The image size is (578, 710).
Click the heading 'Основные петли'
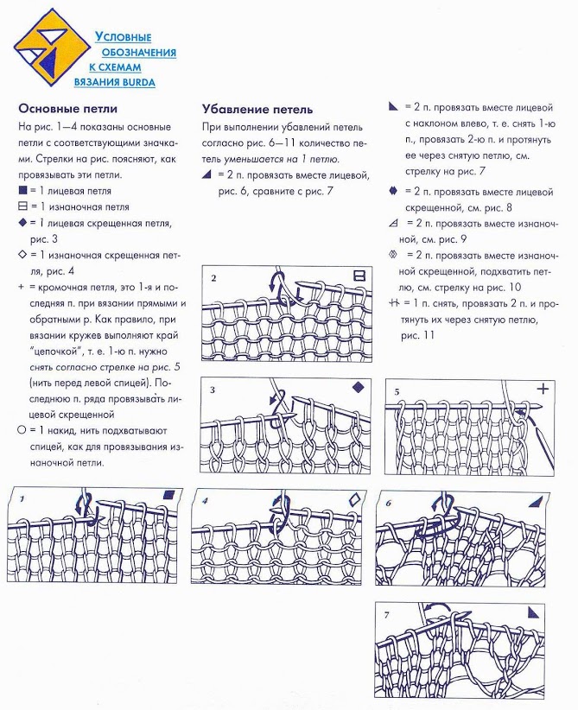click(68, 109)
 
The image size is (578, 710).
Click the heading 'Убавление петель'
click(257, 110)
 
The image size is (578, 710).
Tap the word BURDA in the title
click(138, 83)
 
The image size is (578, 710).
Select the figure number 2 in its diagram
click(213, 278)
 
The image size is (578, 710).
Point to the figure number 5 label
click(397, 391)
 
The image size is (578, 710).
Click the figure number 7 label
click(386, 615)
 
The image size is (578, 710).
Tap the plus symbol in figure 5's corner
click(543, 389)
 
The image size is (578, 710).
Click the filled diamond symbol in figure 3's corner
click(359, 387)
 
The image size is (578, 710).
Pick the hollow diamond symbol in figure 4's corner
click(356, 499)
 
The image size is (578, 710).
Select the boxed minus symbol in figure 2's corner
click(359, 276)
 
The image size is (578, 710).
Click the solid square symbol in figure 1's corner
click(169, 494)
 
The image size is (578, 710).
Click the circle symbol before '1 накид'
click(22, 429)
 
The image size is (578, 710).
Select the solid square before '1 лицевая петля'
click(22, 191)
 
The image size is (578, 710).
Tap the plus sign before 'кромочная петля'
click(22, 287)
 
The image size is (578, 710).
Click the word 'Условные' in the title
click(124, 37)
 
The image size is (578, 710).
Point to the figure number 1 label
click(22, 499)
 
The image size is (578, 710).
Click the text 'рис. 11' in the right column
click(417, 335)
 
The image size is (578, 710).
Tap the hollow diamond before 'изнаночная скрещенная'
click(22, 255)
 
